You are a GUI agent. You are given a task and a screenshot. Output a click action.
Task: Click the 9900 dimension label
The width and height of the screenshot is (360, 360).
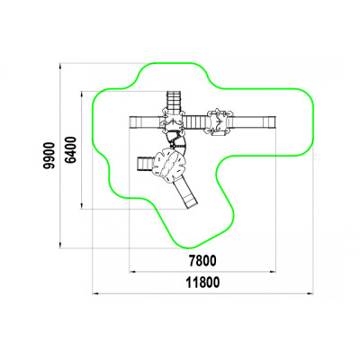coord(49,156)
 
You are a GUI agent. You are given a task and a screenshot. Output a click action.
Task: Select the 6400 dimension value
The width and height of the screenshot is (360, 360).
coord(70,149)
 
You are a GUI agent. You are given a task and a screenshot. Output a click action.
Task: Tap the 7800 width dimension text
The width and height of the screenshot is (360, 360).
coord(202,261)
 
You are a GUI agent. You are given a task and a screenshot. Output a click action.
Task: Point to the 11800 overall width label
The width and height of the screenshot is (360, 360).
coord(202,283)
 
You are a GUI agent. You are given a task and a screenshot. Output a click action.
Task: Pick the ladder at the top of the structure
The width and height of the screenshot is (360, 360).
coord(174,102)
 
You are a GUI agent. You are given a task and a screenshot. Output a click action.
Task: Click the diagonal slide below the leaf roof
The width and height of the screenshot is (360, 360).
coord(186,193)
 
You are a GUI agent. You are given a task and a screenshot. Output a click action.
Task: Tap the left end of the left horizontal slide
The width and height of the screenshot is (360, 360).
coord(130,122)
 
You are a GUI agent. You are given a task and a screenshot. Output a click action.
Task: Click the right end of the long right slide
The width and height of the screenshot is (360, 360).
coord(274,122)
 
